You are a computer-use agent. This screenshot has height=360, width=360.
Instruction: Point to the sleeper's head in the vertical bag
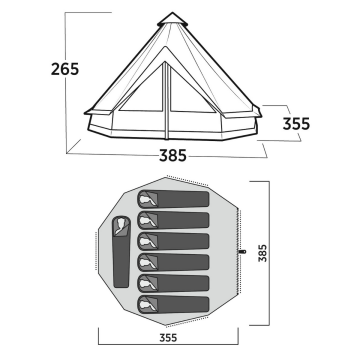(119, 224)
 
